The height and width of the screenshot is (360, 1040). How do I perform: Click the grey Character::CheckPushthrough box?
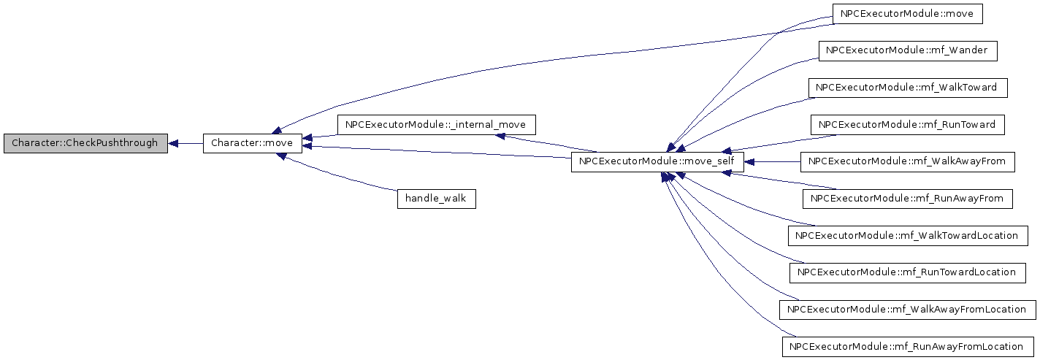point(85,143)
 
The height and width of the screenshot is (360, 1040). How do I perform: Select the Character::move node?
point(253,143)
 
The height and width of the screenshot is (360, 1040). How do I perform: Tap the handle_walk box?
point(437,199)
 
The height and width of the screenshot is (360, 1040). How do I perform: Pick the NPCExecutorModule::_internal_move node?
point(437,125)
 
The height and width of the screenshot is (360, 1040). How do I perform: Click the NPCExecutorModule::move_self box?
point(657,162)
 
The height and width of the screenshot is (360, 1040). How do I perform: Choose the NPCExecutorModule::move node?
point(908,14)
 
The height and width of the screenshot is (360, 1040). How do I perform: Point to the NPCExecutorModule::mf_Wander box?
point(908,51)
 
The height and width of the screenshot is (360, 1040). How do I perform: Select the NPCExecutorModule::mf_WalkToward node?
point(908,88)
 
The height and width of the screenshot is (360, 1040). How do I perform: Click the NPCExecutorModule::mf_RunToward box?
point(908,126)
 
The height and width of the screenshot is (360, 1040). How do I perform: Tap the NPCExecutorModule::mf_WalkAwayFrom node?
point(908,162)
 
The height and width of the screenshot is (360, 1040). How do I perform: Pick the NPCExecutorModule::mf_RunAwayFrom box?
point(908,199)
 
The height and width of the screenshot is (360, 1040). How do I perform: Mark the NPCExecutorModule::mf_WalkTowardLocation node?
point(908,236)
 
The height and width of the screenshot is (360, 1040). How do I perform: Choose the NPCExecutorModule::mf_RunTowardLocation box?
point(908,273)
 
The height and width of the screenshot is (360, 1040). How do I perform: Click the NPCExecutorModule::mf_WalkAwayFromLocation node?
point(908,310)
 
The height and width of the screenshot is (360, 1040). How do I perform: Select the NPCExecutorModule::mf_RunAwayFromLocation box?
point(908,348)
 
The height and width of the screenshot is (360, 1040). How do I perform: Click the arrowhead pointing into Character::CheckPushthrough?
point(172,144)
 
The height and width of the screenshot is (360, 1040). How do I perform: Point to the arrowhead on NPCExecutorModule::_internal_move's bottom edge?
point(500,137)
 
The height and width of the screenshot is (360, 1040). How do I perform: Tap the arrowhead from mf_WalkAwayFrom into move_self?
point(749,162)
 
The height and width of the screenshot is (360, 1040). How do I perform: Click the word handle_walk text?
point(435,199)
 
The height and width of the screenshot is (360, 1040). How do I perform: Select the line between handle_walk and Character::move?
point(338,177)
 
